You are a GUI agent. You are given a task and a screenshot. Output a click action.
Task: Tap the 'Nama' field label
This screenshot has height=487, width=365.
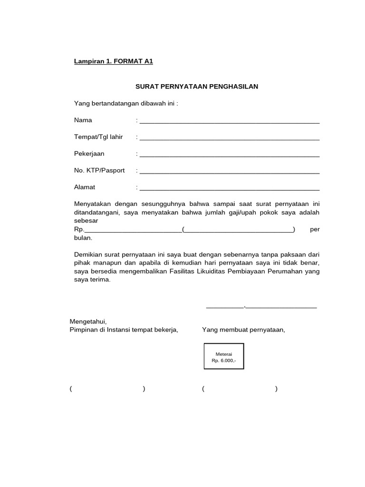[83, 120]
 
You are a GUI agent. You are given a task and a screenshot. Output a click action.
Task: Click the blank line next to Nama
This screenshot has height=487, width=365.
[229, 122]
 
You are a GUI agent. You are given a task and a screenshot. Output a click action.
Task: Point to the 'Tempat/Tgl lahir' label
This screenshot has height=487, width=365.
[98, 137]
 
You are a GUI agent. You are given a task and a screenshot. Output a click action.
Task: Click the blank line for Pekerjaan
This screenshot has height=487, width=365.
[229, 156]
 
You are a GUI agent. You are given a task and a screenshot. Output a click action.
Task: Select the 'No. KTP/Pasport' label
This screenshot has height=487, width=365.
[99, 170]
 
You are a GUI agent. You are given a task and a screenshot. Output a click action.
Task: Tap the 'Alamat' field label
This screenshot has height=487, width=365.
[85, 187]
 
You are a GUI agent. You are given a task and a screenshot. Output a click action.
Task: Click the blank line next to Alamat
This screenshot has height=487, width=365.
[229, 189]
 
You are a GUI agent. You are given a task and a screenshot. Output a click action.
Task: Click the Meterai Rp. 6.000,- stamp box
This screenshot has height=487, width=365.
[224, 357]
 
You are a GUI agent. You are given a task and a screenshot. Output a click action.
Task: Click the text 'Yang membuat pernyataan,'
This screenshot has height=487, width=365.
[243, 330]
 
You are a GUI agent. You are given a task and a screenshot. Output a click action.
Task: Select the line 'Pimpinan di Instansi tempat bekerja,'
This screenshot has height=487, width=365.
[124, 330]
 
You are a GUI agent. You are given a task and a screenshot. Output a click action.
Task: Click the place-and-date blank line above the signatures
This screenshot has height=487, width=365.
[261, 307]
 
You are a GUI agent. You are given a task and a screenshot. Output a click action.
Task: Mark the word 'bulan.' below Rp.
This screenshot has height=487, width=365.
[83, 238]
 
